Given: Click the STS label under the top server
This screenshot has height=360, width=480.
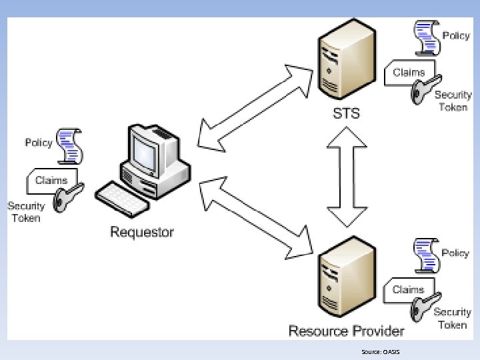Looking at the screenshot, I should (x=346, y=113).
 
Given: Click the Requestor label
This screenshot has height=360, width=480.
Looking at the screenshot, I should (x=141, y=232).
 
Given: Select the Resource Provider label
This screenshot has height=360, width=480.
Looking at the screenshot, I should (x=346, y=330).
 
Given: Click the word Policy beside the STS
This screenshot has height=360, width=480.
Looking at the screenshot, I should (x=456, y=35).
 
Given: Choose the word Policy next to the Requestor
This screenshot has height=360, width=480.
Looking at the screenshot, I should (x=38, y=143).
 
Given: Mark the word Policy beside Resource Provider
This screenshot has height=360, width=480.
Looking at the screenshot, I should (x=455, y=253).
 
